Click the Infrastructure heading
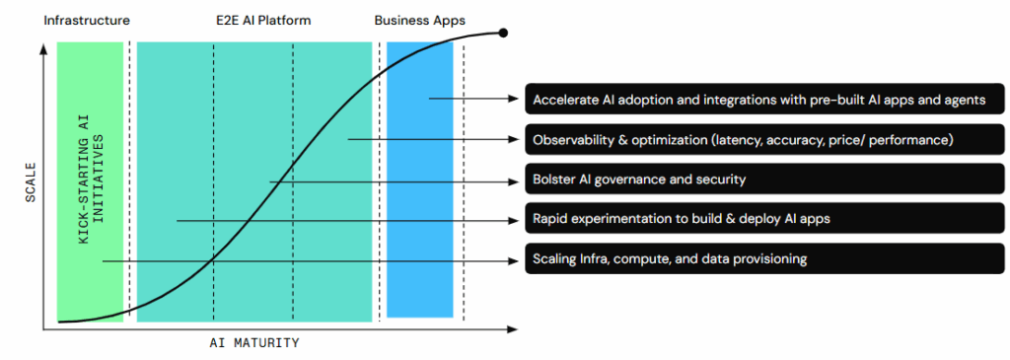(x=87, y=20)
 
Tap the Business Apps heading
(x=418, y=20)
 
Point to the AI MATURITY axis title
(x=253, y=343)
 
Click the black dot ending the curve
(x=504, y=33)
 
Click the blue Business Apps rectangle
(x=419, y=179)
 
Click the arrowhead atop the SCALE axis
(x=43, y=48)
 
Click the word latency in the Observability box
(x=739, y=140)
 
